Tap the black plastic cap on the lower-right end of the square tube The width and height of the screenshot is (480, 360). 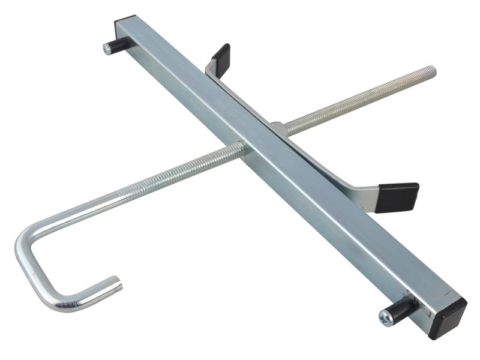(449, 314)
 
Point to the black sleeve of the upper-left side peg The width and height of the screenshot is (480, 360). (119, 44)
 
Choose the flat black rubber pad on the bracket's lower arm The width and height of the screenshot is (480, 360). (397, 197)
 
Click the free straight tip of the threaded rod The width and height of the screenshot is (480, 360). (432, 71)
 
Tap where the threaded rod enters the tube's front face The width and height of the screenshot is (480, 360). (242, 148)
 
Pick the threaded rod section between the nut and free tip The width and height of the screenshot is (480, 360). (360, 98)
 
